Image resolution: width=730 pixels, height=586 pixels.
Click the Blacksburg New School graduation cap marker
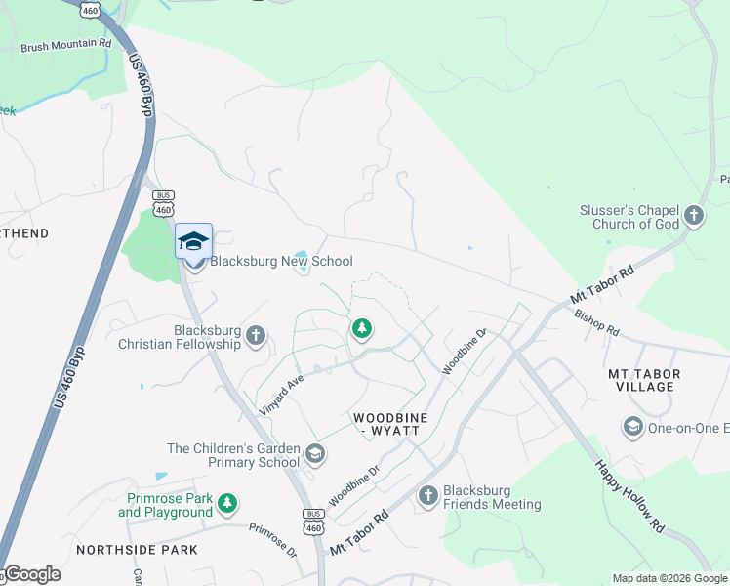pyautogui.click(x=193, y=241)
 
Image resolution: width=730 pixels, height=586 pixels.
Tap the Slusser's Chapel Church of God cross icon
pyautogui.click(x=694, y=215)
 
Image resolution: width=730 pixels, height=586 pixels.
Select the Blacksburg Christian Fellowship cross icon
pyautogui.click(x=256, y=336)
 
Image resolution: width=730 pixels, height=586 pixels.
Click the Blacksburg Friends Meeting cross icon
pyautogui.click(x=427, y=496)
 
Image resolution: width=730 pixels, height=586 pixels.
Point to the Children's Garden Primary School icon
pyautogui.click(x=314, y=454)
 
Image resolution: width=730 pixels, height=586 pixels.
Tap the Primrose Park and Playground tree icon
pyautogui.click(x=227, y=503)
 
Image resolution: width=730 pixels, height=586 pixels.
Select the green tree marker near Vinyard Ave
pyautogui.click(x=362, y=328)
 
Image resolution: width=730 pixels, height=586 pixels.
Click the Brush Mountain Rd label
pyautogui.click(x=65, y=45)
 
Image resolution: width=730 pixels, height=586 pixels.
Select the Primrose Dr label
pyautogui.click(x=272, y=539)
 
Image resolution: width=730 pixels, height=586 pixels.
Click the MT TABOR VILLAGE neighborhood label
pyautogui.click(x=644, y=380)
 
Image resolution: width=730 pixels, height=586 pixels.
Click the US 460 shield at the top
pyautogui.click(x=91, y=9)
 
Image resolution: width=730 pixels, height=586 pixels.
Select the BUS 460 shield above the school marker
pyautogui.click(x=164, y=203)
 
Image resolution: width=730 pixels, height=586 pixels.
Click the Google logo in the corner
pyautogui.click(x=31, y=574)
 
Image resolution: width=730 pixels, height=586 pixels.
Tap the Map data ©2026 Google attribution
pyautogui.click(x=669, y=578)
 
